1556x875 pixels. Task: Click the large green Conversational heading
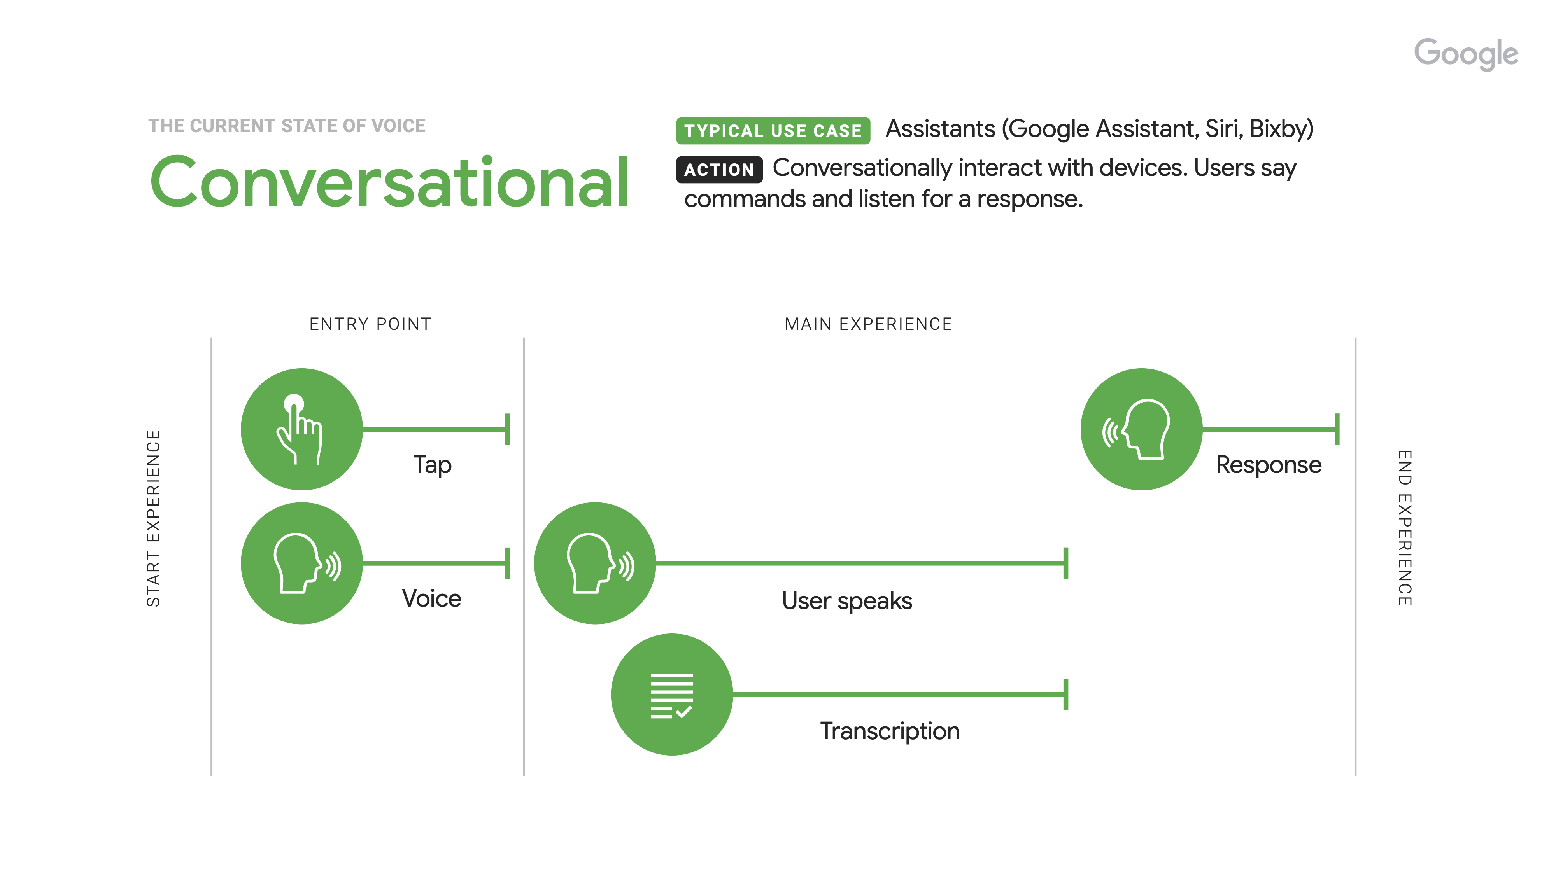tap(390, 182)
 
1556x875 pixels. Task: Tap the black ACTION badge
tap(719, 170)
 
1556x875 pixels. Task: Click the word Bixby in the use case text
tap(1279, 129)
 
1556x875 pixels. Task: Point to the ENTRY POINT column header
tap(370, 324)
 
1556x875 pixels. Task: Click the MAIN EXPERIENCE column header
tap(868, 324)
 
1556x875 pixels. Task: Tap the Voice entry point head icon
tap(301, 563)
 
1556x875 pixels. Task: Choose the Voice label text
tap(431, 598)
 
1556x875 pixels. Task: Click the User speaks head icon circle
tap(595, 563)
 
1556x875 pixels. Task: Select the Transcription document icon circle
tap(672, 695)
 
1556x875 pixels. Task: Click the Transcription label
tap(889, 731)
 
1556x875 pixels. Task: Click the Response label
tap(1269, 465)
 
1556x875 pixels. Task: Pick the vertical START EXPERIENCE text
tap(153, 518)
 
